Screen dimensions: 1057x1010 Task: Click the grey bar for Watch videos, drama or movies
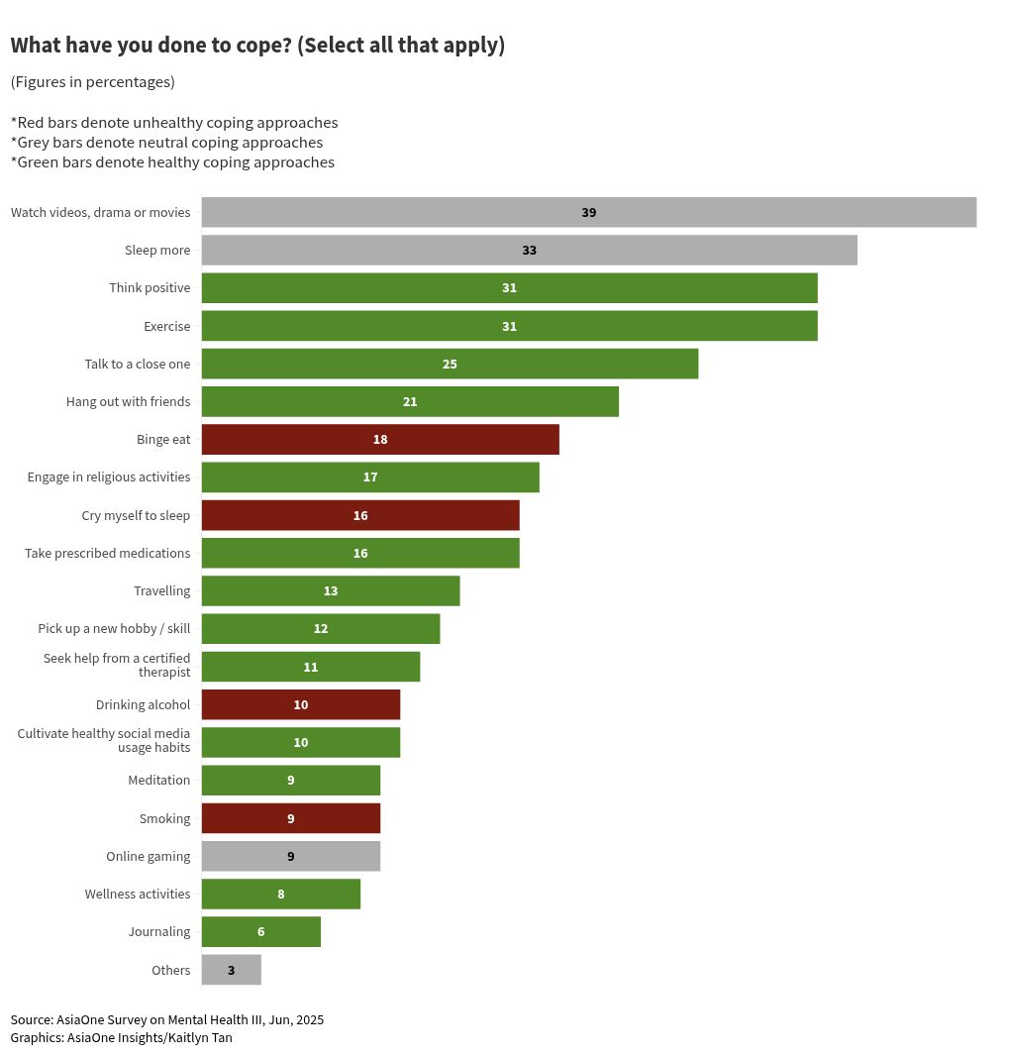[x=588, y=212]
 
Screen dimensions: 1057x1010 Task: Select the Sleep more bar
[x=529, y=250]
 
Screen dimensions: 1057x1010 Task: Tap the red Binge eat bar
[x=380, y=439]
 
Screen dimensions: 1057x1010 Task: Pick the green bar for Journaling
[x=260, y=931]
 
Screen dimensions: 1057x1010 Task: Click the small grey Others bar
[x=231, y=970]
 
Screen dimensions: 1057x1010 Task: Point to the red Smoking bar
[x=290, y=818]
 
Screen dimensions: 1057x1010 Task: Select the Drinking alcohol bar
[x=300, y=704]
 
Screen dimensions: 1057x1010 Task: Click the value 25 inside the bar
[x=450, y=364]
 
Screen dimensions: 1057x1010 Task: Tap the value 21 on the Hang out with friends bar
[x=410, y=401]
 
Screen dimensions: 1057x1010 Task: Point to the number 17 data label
[x=370, y=476]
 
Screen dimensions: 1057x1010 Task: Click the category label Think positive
[x=150, y=288]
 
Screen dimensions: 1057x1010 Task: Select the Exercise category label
[x=166, y=326]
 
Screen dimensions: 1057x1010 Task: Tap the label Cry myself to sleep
[x=136, y=515]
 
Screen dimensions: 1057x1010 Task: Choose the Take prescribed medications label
[x=107, y=553]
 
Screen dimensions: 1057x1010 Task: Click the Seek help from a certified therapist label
[x=117, y=665]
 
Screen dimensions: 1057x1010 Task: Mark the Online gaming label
[x=148, y=856]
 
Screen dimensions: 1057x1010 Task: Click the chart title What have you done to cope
[x=257, y=46]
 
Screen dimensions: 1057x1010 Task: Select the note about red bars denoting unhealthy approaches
[x=174, y=123]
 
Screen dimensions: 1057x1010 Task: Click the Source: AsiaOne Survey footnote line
[x=166, y=1019]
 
